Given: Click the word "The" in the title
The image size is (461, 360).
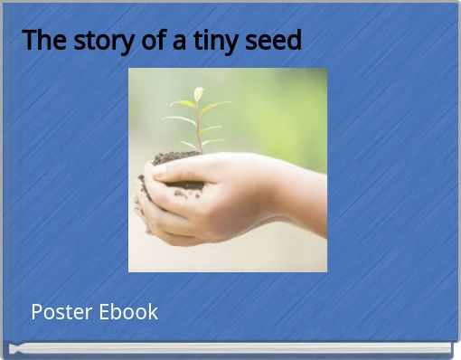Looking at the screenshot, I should (40, 41).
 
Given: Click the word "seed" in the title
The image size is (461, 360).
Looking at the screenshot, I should (276, 41).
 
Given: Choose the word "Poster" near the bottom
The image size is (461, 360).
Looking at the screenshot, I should (59, 312).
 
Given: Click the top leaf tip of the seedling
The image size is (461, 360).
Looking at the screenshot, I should (198, 91).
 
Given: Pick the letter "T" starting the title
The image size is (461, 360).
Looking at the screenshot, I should (29, 41).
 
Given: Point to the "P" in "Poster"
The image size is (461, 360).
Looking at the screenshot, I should (36, 312).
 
